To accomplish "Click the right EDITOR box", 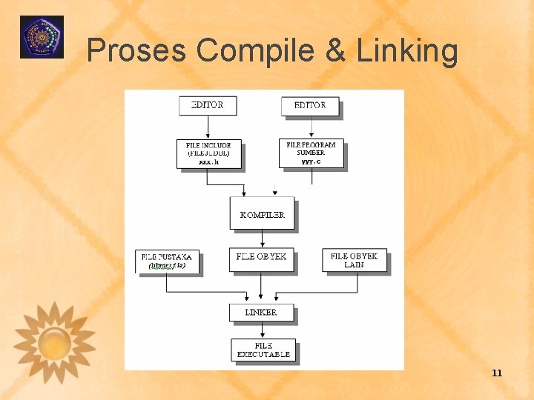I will click(310, 105).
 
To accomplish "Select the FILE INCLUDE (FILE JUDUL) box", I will click(208, 153).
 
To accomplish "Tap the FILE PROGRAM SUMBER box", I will click(311, 153).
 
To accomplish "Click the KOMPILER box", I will click(262, 213).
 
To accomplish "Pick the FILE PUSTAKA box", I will click(167, 261).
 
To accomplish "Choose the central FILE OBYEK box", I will click(261, 258).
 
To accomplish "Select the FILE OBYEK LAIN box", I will click(354, 260).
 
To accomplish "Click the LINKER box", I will click(261, 312).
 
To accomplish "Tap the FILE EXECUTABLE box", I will click(263, 350).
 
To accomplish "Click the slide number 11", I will click(497, 373).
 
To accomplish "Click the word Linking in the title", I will click(407, 51).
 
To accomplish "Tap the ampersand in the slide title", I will click(334, 51).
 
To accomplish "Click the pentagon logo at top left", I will click(42, 37).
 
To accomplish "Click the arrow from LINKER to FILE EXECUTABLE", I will click(262, 330).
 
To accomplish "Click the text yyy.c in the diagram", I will click(311, 161).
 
